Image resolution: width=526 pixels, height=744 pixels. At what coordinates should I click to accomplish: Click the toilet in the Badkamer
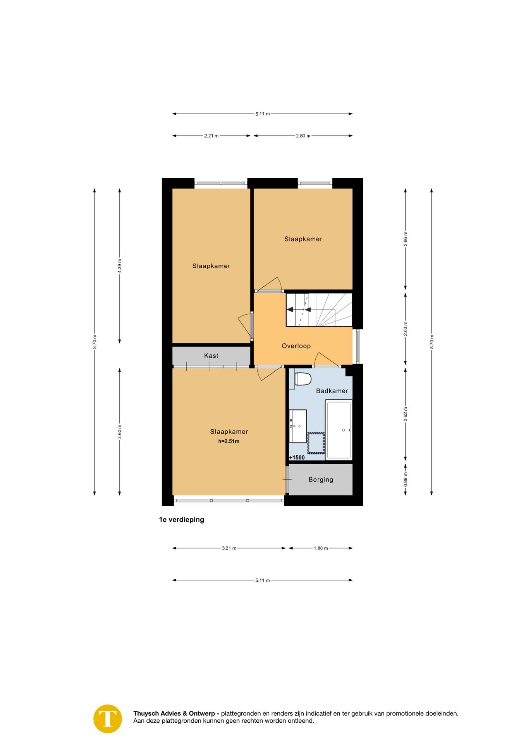coord(303,379)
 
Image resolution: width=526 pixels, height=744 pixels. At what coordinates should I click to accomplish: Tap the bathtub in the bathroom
coord(339,430)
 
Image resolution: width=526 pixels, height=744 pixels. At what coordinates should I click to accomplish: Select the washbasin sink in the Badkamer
coord(298,426)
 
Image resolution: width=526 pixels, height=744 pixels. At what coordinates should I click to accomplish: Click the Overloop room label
coord(296,346)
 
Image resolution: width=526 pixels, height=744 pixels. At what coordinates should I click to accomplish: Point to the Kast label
coord(211,356)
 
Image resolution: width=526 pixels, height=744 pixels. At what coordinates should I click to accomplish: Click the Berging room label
coord(320,480)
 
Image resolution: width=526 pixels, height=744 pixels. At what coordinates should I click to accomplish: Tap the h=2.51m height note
coord(229,441)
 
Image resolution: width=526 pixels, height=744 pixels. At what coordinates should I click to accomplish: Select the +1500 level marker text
coord(297,458)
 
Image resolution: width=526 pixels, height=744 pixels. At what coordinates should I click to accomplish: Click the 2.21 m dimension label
coord(211,136)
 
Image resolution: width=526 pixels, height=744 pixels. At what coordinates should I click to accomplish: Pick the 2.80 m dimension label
coord(303,136)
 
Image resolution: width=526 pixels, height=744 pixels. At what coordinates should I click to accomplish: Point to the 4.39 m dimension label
coord(120,266)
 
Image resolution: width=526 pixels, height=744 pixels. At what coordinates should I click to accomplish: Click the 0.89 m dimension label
coord(406,480)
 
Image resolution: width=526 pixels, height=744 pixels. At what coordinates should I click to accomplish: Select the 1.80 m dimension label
coord(320,548)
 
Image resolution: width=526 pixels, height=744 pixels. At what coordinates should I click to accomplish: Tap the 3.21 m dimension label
coord(229,548)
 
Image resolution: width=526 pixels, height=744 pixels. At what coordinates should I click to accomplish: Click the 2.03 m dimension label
coord(406,329)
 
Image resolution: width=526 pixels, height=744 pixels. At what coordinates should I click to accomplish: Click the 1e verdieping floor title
coord(181,520)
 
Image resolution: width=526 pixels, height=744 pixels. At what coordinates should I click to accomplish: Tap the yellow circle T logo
coord(108,719)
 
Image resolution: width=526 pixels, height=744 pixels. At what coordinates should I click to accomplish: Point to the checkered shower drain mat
coord(316,443)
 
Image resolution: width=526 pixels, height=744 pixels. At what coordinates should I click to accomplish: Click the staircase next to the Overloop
coord(319,310)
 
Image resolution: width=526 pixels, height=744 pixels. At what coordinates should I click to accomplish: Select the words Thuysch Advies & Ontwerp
coord(176,713)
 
